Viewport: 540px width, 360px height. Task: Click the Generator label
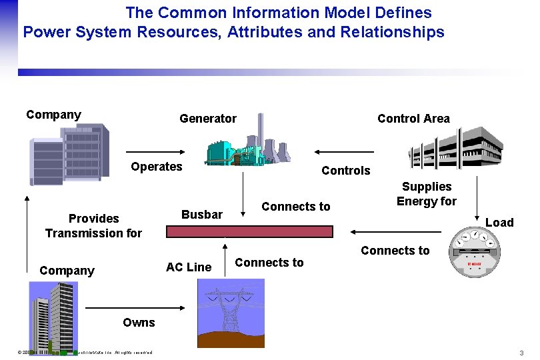coord(208,119)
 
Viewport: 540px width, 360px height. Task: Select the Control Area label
coord(413,119)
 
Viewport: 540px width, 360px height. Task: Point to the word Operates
coord(157,167)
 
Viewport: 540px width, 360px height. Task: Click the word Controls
coord(345,171)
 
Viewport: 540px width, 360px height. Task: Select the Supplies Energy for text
coord(427,194)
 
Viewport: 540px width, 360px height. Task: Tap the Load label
coord(499,223)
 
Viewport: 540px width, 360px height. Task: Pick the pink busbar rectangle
coord(249,231)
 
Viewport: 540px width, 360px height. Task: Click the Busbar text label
coord(202,215)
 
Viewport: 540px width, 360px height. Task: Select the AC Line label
coord(189,267)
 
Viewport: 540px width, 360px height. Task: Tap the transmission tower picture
coord(231,313)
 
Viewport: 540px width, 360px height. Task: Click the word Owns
coord(139,323)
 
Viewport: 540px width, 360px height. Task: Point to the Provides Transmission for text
coord(93,226)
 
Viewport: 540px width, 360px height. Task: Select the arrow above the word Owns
coord(136,308)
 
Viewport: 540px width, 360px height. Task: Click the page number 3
coord(521,353)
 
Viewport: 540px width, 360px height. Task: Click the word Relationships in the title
coord(392,32)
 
